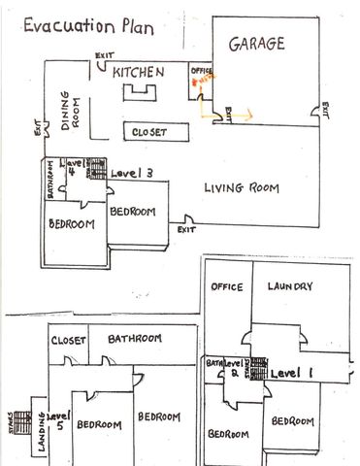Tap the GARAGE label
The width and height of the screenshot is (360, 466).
pyautogui.click(x=256, y=45)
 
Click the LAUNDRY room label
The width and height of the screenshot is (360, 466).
pyautogui.click(x=290, y=286)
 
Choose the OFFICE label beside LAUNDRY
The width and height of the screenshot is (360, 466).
pyautogui.click(x=226, y=286)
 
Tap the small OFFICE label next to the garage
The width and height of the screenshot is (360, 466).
pyautogui.click(x=201, y=71)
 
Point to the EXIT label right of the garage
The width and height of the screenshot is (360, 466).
pyautogui.click(x=326, y=110)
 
